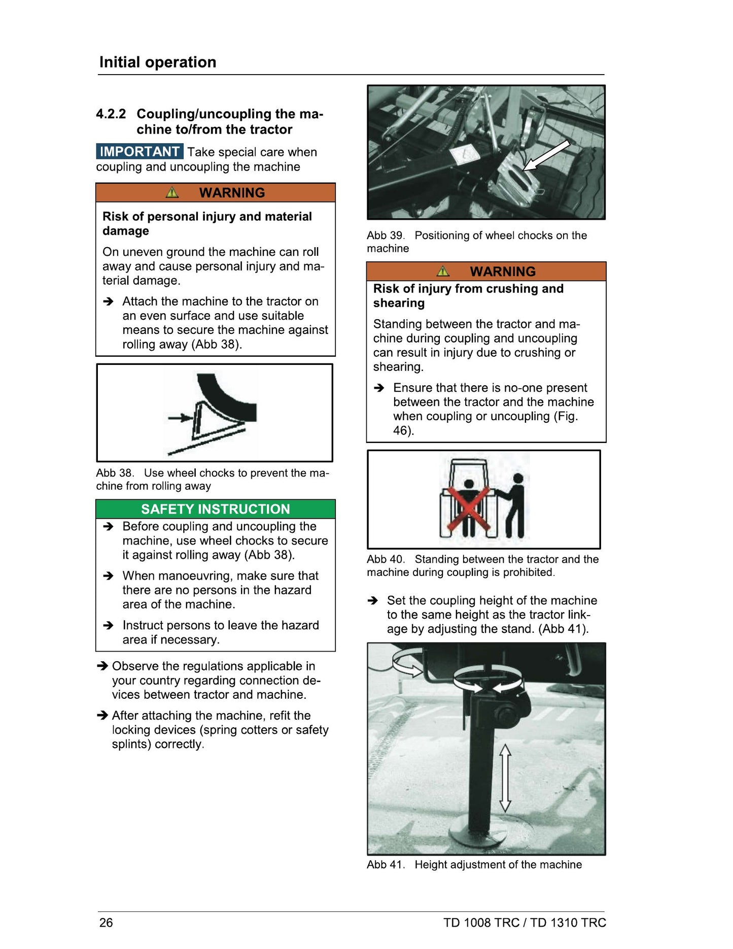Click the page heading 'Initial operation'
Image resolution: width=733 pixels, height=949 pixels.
(x=158, y=62)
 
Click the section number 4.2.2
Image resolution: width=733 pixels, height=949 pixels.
(x=111, y=114)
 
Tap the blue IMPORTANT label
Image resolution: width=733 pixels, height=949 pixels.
(x=139, y=152)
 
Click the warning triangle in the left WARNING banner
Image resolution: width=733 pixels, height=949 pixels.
(x=172, y=192)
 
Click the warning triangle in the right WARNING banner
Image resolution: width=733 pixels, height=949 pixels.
(x=443, y=271)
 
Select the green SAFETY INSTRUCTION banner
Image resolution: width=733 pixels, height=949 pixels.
(x=216, y=509)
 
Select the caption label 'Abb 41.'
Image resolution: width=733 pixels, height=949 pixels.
(x=386, y=865)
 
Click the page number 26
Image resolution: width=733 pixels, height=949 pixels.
(x=106, y=922)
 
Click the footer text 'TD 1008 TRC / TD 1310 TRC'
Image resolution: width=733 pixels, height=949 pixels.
(x=525, y=922)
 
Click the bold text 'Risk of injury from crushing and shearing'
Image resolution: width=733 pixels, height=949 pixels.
(x=468, y=296)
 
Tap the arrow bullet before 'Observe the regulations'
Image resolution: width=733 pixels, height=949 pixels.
(x=102, y=666)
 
